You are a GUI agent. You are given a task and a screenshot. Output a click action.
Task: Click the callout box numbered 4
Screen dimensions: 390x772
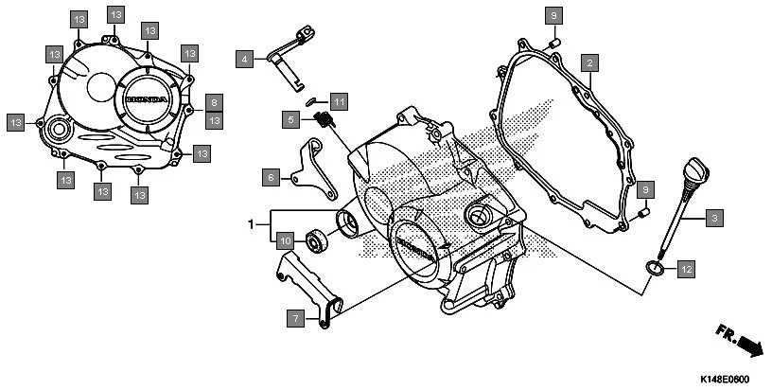pos(245,59)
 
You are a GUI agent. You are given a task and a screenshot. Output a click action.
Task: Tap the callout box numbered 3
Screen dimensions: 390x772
pos(714,219)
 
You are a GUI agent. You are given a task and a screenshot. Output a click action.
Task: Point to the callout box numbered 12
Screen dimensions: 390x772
pos(685,270)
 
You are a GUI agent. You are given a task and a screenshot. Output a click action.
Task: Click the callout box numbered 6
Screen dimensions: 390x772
pos(271,177)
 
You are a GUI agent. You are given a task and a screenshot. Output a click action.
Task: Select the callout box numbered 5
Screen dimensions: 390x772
pos(293,119)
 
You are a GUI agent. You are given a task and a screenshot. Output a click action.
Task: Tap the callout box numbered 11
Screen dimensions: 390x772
pos(338,99)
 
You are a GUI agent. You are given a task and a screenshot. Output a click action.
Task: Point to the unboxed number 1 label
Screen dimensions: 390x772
pos(252,225)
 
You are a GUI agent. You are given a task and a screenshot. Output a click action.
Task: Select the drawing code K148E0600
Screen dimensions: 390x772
pos(725,379)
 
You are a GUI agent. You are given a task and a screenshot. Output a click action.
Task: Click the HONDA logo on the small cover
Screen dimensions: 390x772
pos(147,99)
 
